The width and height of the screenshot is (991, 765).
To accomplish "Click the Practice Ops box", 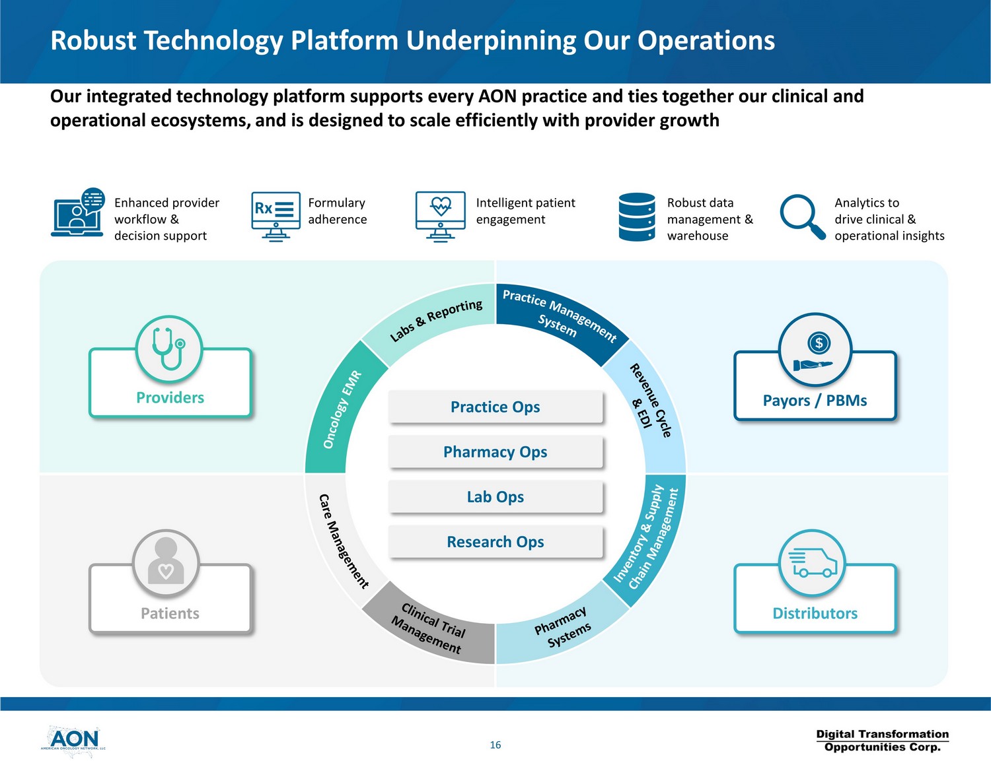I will coord(495,407).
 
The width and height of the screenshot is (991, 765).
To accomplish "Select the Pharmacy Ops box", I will coord(495,452).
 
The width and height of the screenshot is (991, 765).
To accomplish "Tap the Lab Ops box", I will coord(495,497).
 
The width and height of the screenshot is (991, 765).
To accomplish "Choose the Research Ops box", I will coord(495,542).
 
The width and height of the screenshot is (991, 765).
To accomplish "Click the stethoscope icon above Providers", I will coord(169,348).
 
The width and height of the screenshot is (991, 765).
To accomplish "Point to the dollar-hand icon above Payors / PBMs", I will coord(815,350).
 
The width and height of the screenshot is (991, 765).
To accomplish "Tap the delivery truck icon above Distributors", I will coord(813,564).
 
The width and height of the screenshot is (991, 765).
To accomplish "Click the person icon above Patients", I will coord(166,562).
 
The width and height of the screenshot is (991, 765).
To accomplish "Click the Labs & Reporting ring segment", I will coord(436,319).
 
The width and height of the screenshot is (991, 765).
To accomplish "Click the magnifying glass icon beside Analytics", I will coord(802,216).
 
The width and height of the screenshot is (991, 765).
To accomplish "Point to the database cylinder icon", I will coord(637,217).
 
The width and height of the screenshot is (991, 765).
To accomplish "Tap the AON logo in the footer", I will coord(73,741).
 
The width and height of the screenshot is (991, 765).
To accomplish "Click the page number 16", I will coord(495,745).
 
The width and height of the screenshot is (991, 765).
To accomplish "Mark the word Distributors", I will coord(815,614).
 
